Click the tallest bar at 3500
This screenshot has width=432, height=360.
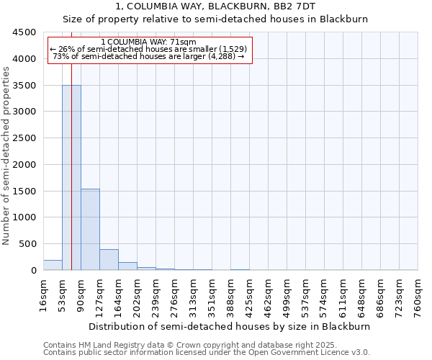coord(71,177)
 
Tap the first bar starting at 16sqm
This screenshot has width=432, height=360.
coord(53,265)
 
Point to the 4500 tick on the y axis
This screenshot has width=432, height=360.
coord(25,32)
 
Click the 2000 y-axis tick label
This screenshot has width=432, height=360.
coord(25,165)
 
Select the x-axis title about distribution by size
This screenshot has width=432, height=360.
coord(230,326)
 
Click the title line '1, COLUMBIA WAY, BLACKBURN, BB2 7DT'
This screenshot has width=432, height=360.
coord(215,6)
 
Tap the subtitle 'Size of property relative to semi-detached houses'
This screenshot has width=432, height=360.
coord(215,19)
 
